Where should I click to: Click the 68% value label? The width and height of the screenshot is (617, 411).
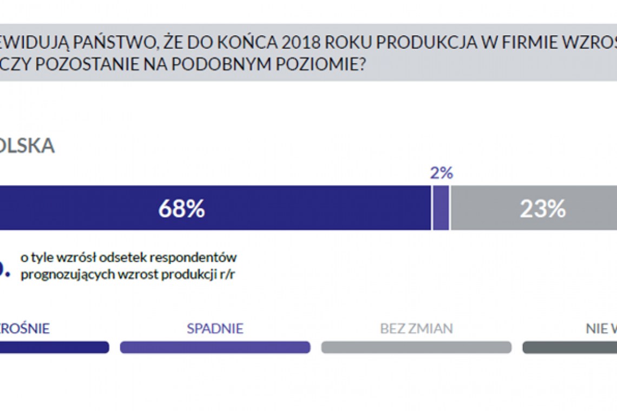[x=181, y=209]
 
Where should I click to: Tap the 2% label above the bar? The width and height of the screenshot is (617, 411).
[x=441, y=173]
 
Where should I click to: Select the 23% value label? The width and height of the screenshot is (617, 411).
[x=542, y=209]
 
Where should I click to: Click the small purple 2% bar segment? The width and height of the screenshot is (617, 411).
[x=441, y=209]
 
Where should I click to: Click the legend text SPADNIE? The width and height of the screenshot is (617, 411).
[x=215, y=328]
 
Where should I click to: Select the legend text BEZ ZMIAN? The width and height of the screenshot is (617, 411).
[x=416, y=328]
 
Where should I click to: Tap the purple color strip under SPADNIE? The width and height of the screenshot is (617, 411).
[x=215, y=347]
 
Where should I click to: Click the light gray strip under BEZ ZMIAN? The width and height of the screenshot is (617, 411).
[x=416, y=347]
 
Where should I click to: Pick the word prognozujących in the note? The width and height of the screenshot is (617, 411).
[x=60, y=274]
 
